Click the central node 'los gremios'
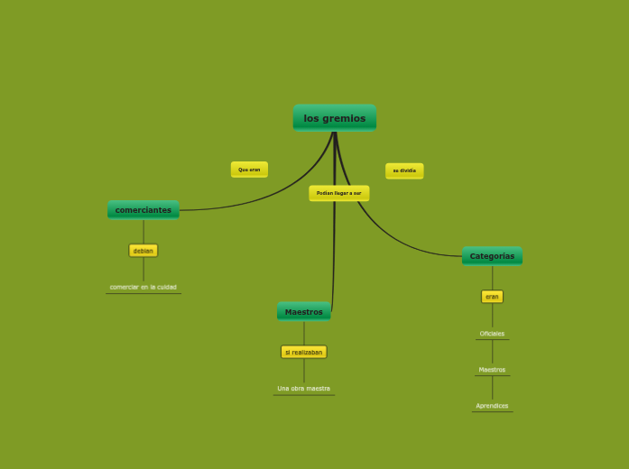334,117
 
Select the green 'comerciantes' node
143,210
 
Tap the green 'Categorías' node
492,256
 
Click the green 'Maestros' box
303,312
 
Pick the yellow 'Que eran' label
249,170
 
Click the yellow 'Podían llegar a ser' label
338,193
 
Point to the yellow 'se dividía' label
404,170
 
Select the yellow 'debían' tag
143,251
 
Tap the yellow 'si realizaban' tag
303,353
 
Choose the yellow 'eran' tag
492,297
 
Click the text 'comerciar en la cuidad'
143,287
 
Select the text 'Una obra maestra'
303,389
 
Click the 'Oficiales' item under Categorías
492,334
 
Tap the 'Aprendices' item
492,406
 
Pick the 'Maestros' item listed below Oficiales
492,370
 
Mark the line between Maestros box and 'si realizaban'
303,333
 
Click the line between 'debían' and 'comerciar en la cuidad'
143,270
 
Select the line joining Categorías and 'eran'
492,278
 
